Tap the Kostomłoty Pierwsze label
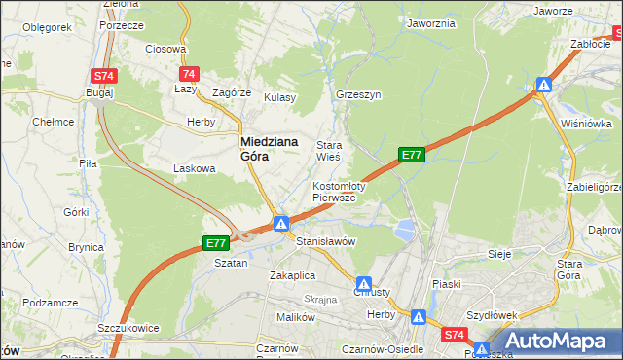338,191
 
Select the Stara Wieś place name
328,149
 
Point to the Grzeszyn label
357,95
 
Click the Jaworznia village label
431,22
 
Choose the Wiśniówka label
586,124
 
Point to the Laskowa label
194,168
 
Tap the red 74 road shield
190,74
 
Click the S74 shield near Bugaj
103,75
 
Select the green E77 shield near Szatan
215,243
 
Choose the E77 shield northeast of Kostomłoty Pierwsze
412,154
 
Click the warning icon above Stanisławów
280,224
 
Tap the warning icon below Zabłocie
544,85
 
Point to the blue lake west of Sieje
401,230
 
